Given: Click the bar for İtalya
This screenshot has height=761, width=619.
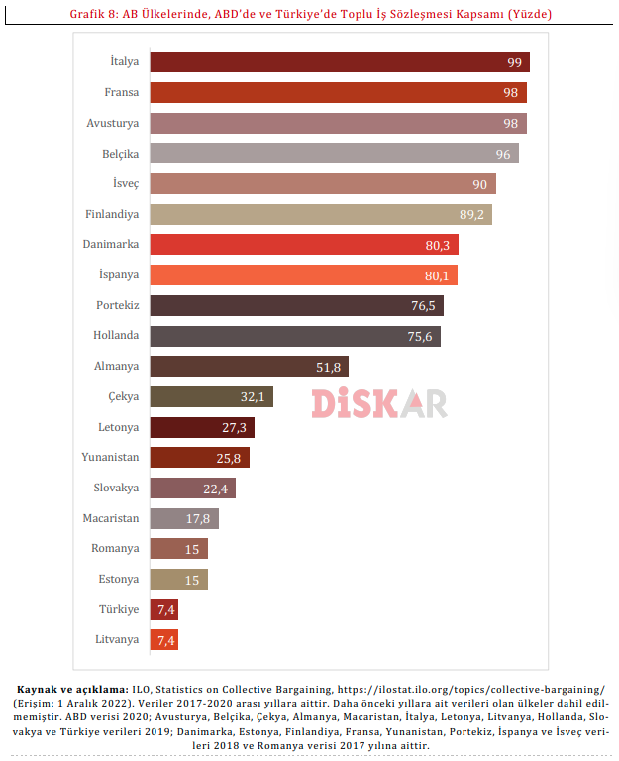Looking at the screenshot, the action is [340, 62].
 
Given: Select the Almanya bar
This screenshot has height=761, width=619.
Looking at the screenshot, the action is [250, 366].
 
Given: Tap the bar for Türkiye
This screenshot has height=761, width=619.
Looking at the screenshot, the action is [164, 609].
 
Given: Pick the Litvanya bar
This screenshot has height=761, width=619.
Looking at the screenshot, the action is [164, 640].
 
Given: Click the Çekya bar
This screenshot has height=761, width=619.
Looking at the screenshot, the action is [212, 396].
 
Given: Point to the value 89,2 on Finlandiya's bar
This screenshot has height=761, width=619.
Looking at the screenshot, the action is [471, 214].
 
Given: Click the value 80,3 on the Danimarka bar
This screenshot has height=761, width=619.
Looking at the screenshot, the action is [438, 245].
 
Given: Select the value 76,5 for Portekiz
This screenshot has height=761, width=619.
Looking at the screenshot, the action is [423, 306].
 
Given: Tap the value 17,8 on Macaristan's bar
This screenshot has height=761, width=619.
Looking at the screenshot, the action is [198, 519].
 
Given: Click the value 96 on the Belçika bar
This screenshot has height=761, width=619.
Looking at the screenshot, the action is [503, 154].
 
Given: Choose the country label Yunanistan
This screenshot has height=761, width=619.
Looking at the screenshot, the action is [110, 457].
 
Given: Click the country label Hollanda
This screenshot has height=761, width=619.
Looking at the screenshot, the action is [116, 335].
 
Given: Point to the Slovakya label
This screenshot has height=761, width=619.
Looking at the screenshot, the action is [116, 488].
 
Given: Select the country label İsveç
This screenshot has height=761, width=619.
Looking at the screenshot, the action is [126, 183].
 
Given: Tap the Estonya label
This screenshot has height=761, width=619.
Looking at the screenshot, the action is [119, 579].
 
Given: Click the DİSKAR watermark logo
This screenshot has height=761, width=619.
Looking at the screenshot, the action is [379, 403].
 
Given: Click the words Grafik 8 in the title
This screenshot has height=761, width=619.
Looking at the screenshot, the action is [94, 14].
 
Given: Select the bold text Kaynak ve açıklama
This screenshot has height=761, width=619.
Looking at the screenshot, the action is [72, 690].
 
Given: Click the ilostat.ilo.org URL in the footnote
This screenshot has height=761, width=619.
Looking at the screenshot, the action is [470, 690].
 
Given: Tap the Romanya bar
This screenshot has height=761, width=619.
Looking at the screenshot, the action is [179, 548].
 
